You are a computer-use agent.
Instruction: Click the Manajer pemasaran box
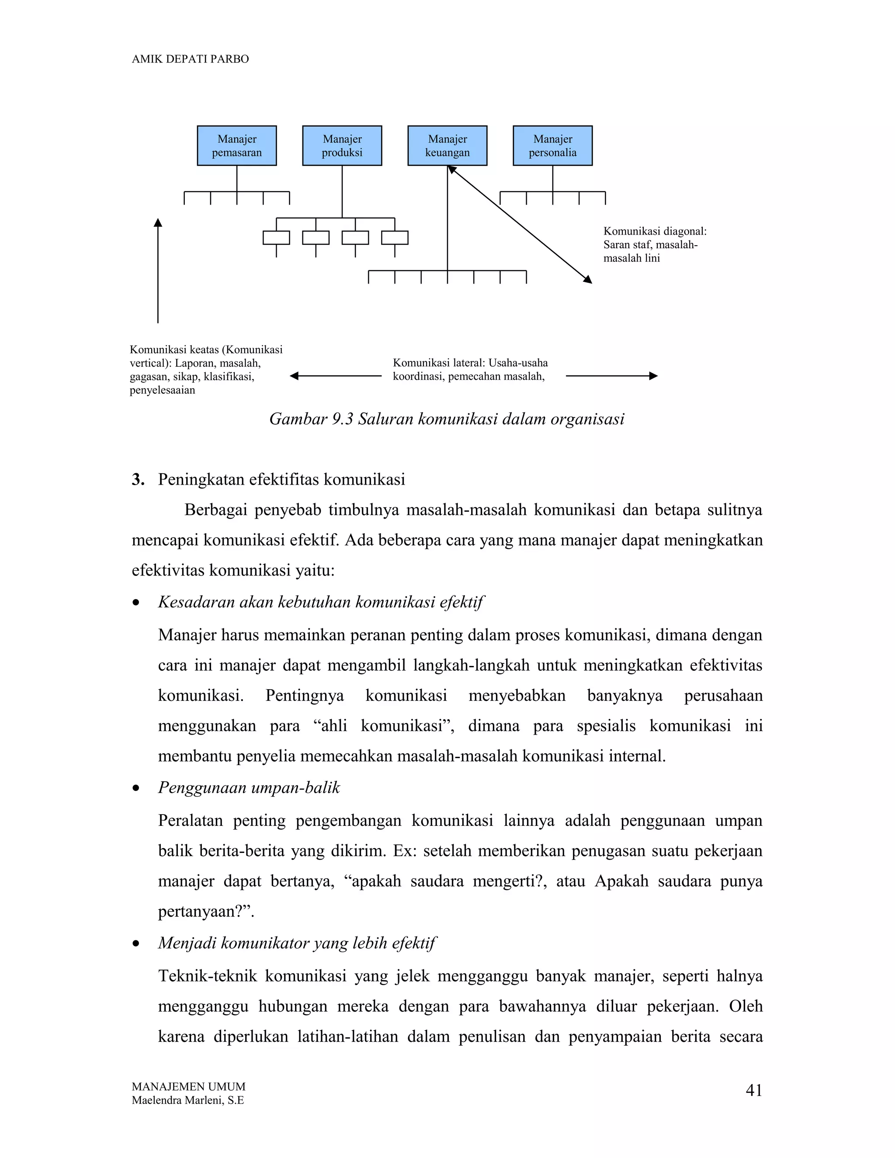coord(236,146)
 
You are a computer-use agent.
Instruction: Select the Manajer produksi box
coord(342,146)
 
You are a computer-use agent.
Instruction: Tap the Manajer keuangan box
coord(447,146)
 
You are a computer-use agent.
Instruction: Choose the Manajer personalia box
coord(552,146)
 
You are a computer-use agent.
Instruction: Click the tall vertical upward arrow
coord(158,270)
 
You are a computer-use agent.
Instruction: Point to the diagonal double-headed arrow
coord(520,224)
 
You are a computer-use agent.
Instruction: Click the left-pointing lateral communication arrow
coord(335,376)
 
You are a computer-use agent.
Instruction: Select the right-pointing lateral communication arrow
coord(611,376)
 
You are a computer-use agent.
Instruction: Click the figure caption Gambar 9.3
coord(447,419)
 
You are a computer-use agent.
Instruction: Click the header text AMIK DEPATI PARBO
coord(190,59)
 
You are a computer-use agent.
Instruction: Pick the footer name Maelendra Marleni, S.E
coord(187,1100)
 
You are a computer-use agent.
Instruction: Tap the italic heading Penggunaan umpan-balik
coord(249,787)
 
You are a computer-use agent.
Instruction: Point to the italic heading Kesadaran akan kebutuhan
coord(320,602)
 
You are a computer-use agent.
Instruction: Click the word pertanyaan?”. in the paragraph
coord(206,912)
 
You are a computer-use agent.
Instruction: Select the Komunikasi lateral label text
coord(470,370)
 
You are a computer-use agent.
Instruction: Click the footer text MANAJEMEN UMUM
coord(188,1086)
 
